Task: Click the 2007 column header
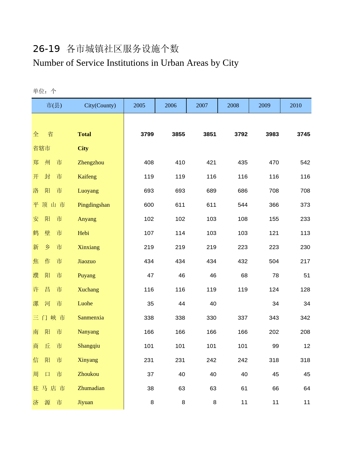202,106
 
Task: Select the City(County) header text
100,106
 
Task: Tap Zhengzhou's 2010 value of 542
305,163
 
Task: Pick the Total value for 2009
272,134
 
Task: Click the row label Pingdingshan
94,205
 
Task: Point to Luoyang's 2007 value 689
211,191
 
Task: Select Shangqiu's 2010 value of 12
307,346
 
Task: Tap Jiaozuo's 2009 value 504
274,262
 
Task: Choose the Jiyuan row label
85,402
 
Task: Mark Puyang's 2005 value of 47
150,276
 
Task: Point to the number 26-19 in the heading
46,49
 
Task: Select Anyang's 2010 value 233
305,219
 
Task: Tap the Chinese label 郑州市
47,163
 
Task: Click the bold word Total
84,134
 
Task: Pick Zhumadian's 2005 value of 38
150,389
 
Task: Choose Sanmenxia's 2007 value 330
211,318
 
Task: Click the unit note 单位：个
45,91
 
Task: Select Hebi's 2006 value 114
180,233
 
